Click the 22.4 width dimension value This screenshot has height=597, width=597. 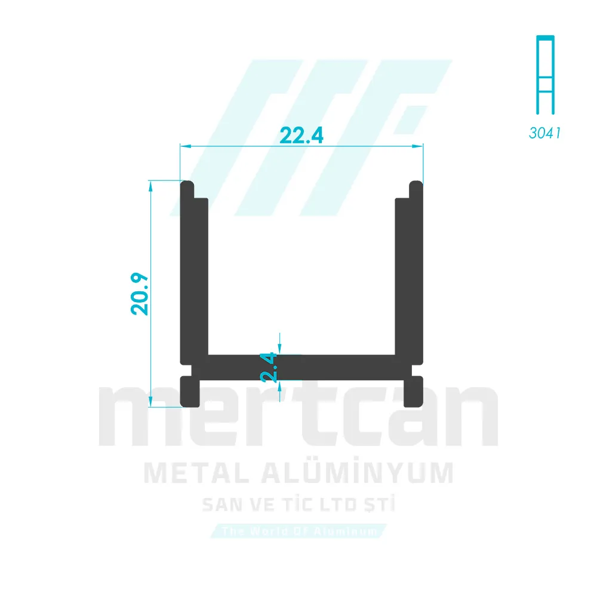[301, 136]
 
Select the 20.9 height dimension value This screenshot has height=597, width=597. [141, 294]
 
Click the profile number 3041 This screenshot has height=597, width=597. [544, 133]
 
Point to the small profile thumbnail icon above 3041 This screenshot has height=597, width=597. [544, 75]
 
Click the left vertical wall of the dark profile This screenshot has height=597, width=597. [194, 275]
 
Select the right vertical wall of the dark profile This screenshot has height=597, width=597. [409, 275]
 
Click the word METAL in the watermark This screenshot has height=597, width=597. [189, 473]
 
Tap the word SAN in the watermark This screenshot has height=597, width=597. [221, 506]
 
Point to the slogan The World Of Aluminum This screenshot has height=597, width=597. [299, 531]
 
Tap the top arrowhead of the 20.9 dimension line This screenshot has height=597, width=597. [151, 184]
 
